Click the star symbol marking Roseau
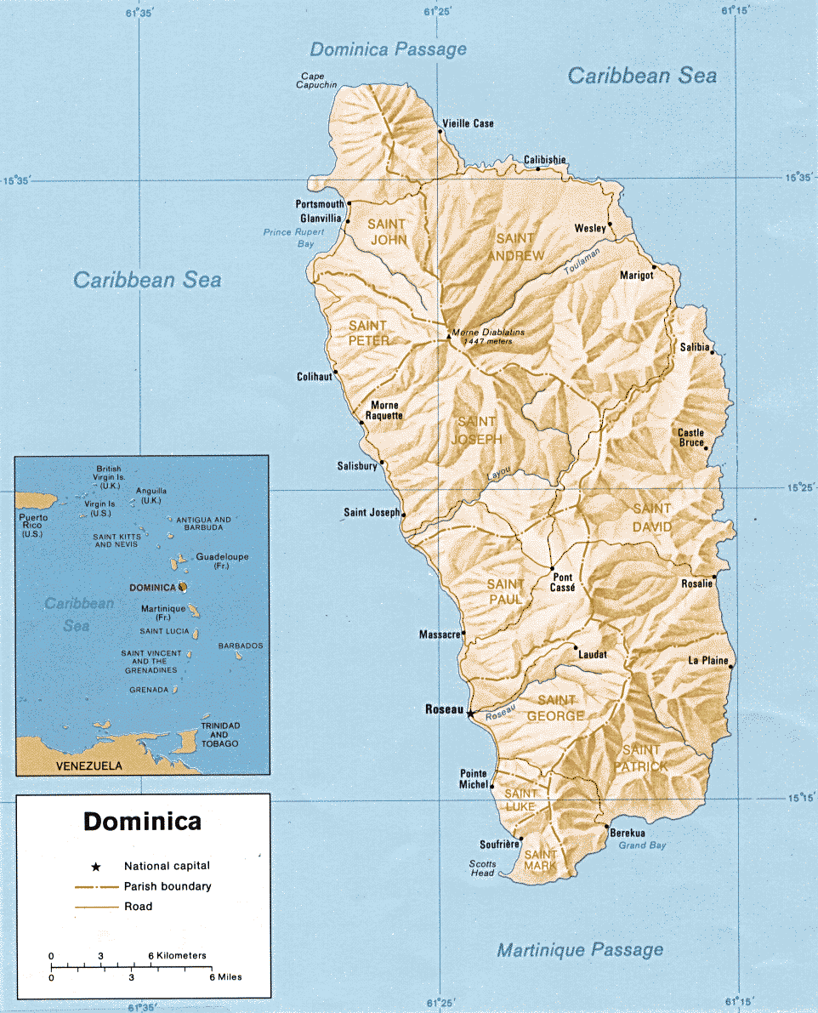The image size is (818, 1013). (470, 713)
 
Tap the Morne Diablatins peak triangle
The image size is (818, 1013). (449, 336)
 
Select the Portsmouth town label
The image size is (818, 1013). (320, 204)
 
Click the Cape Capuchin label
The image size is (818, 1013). (317, 80)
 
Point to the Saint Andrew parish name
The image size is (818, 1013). (515, 248)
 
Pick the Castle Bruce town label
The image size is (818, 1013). (690, 438)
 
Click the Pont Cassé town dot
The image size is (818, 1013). (552, 569)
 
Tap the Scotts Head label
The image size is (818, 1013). (482, 868)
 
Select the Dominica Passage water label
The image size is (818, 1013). (388, 49)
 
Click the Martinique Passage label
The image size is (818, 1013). (580, 949)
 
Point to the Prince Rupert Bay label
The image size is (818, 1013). (288, 237)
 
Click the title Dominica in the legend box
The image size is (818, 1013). (142, 822)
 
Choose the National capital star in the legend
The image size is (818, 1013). (96, 867)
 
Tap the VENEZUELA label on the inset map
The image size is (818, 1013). (88, 765)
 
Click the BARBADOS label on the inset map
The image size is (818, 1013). (241, 646)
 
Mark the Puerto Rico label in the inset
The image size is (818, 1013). (33, 525)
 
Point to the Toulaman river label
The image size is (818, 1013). (582, 260)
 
